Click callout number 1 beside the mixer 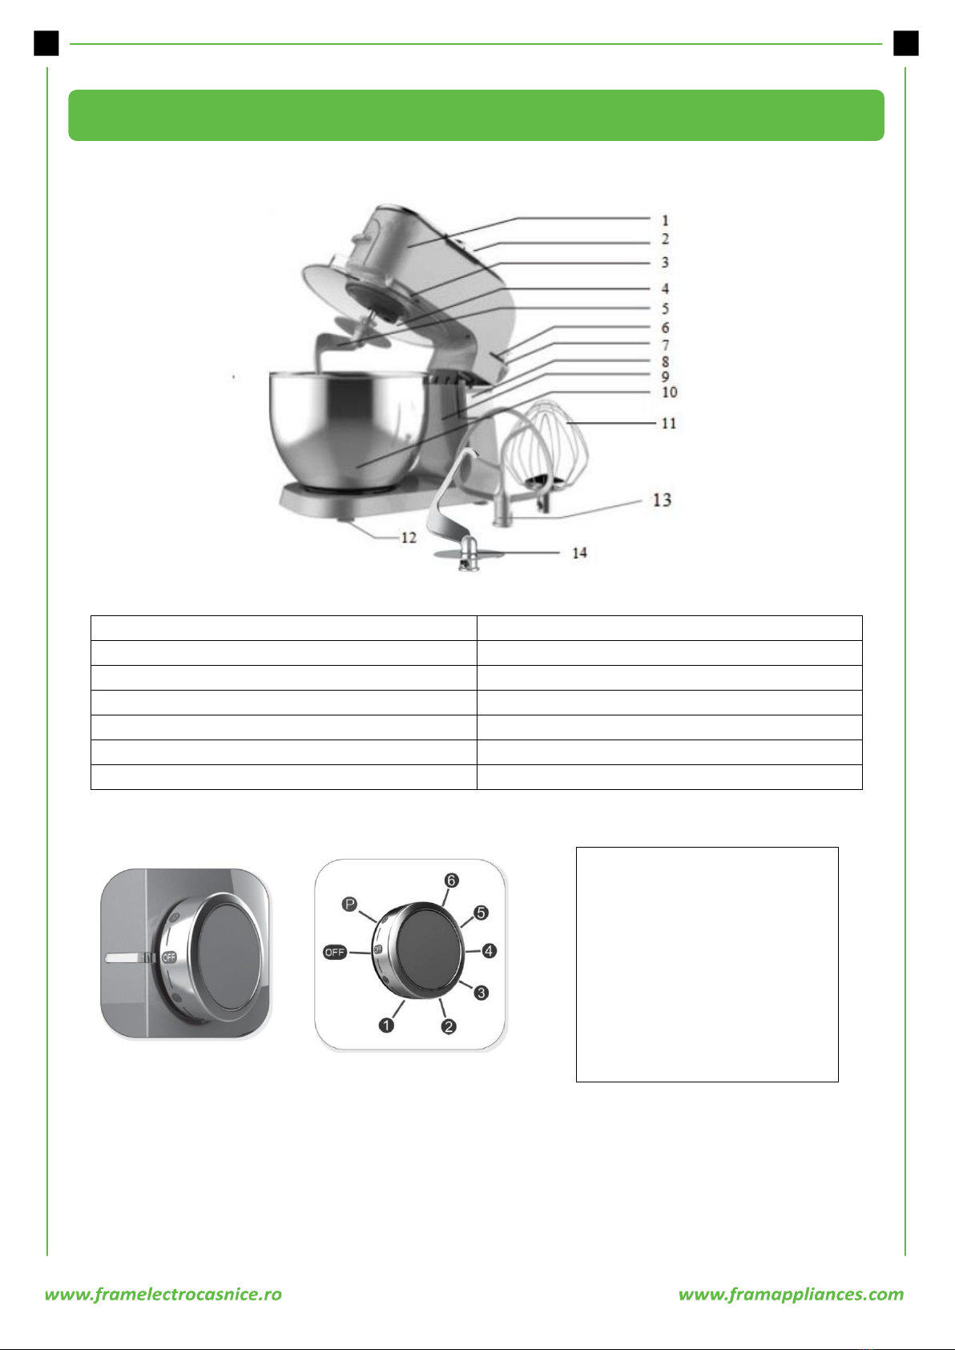point(665,220)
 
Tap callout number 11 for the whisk point(669,423)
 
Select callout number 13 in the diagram point(662,500)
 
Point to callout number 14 point(579,553)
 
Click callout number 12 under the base point(409,538)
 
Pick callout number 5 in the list point(665,308)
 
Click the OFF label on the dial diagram point(334,953)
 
